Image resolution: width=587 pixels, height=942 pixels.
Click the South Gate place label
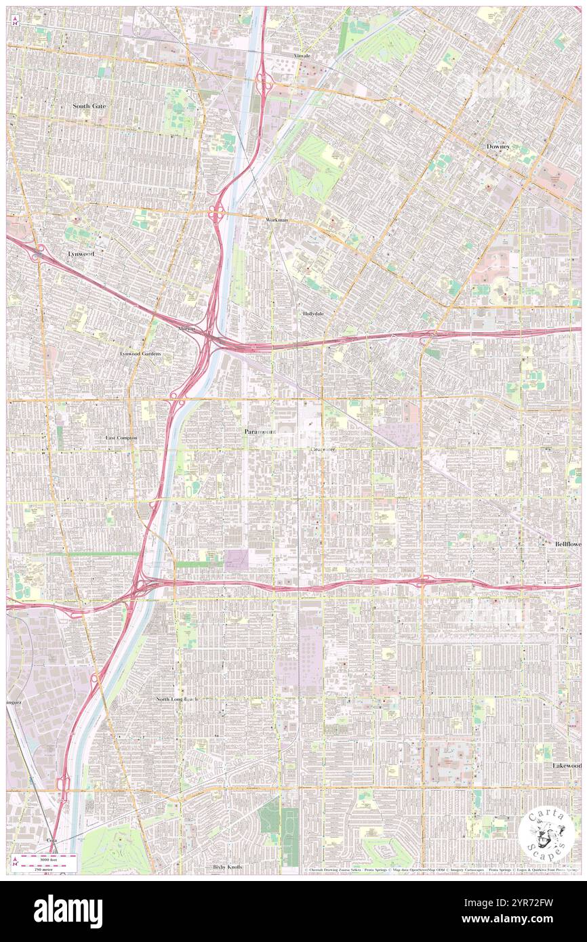click(x=90, y=106)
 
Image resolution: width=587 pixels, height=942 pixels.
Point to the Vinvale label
click(x=302, y=56)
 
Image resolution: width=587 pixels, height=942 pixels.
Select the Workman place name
click(x=277, y=220)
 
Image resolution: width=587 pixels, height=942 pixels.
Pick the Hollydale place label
click(x=314, y=314)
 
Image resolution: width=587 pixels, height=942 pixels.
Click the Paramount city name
click(x=260, y=431)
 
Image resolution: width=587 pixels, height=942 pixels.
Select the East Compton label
click(x=121, y=438)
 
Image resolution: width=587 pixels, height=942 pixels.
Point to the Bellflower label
click(x=565, y=544)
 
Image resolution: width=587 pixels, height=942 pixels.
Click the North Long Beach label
click(x=177, y=699)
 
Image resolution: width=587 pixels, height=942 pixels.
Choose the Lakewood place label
click(x=567, y=765)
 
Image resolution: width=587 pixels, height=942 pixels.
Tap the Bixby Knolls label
click(x=227, y=867)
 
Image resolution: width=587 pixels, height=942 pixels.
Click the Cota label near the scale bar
click(x=51, y=839)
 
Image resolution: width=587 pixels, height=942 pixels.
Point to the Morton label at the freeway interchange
click(x=186, y=329)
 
